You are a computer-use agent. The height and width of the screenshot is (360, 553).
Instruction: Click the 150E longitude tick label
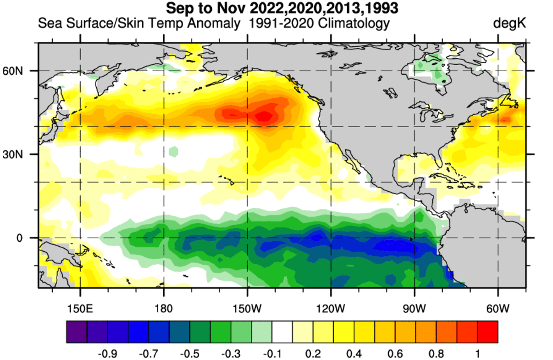[80, 307]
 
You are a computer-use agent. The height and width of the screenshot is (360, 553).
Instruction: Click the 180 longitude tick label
[164, 307]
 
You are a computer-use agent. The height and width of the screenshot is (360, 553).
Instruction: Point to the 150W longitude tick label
[247, 307]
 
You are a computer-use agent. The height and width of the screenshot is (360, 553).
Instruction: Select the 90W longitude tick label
[414, 307]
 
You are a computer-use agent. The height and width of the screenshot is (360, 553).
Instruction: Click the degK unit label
[509, 23]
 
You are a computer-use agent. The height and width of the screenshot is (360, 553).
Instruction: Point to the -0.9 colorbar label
[108, 354]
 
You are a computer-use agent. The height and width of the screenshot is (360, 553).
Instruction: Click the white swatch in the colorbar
[282, 331]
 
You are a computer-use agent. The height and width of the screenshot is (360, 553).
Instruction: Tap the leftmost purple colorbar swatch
[77, 331]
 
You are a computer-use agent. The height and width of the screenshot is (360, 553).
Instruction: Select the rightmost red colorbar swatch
[487, 331]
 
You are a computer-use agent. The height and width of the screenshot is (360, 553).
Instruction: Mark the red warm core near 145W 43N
[264, 116]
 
